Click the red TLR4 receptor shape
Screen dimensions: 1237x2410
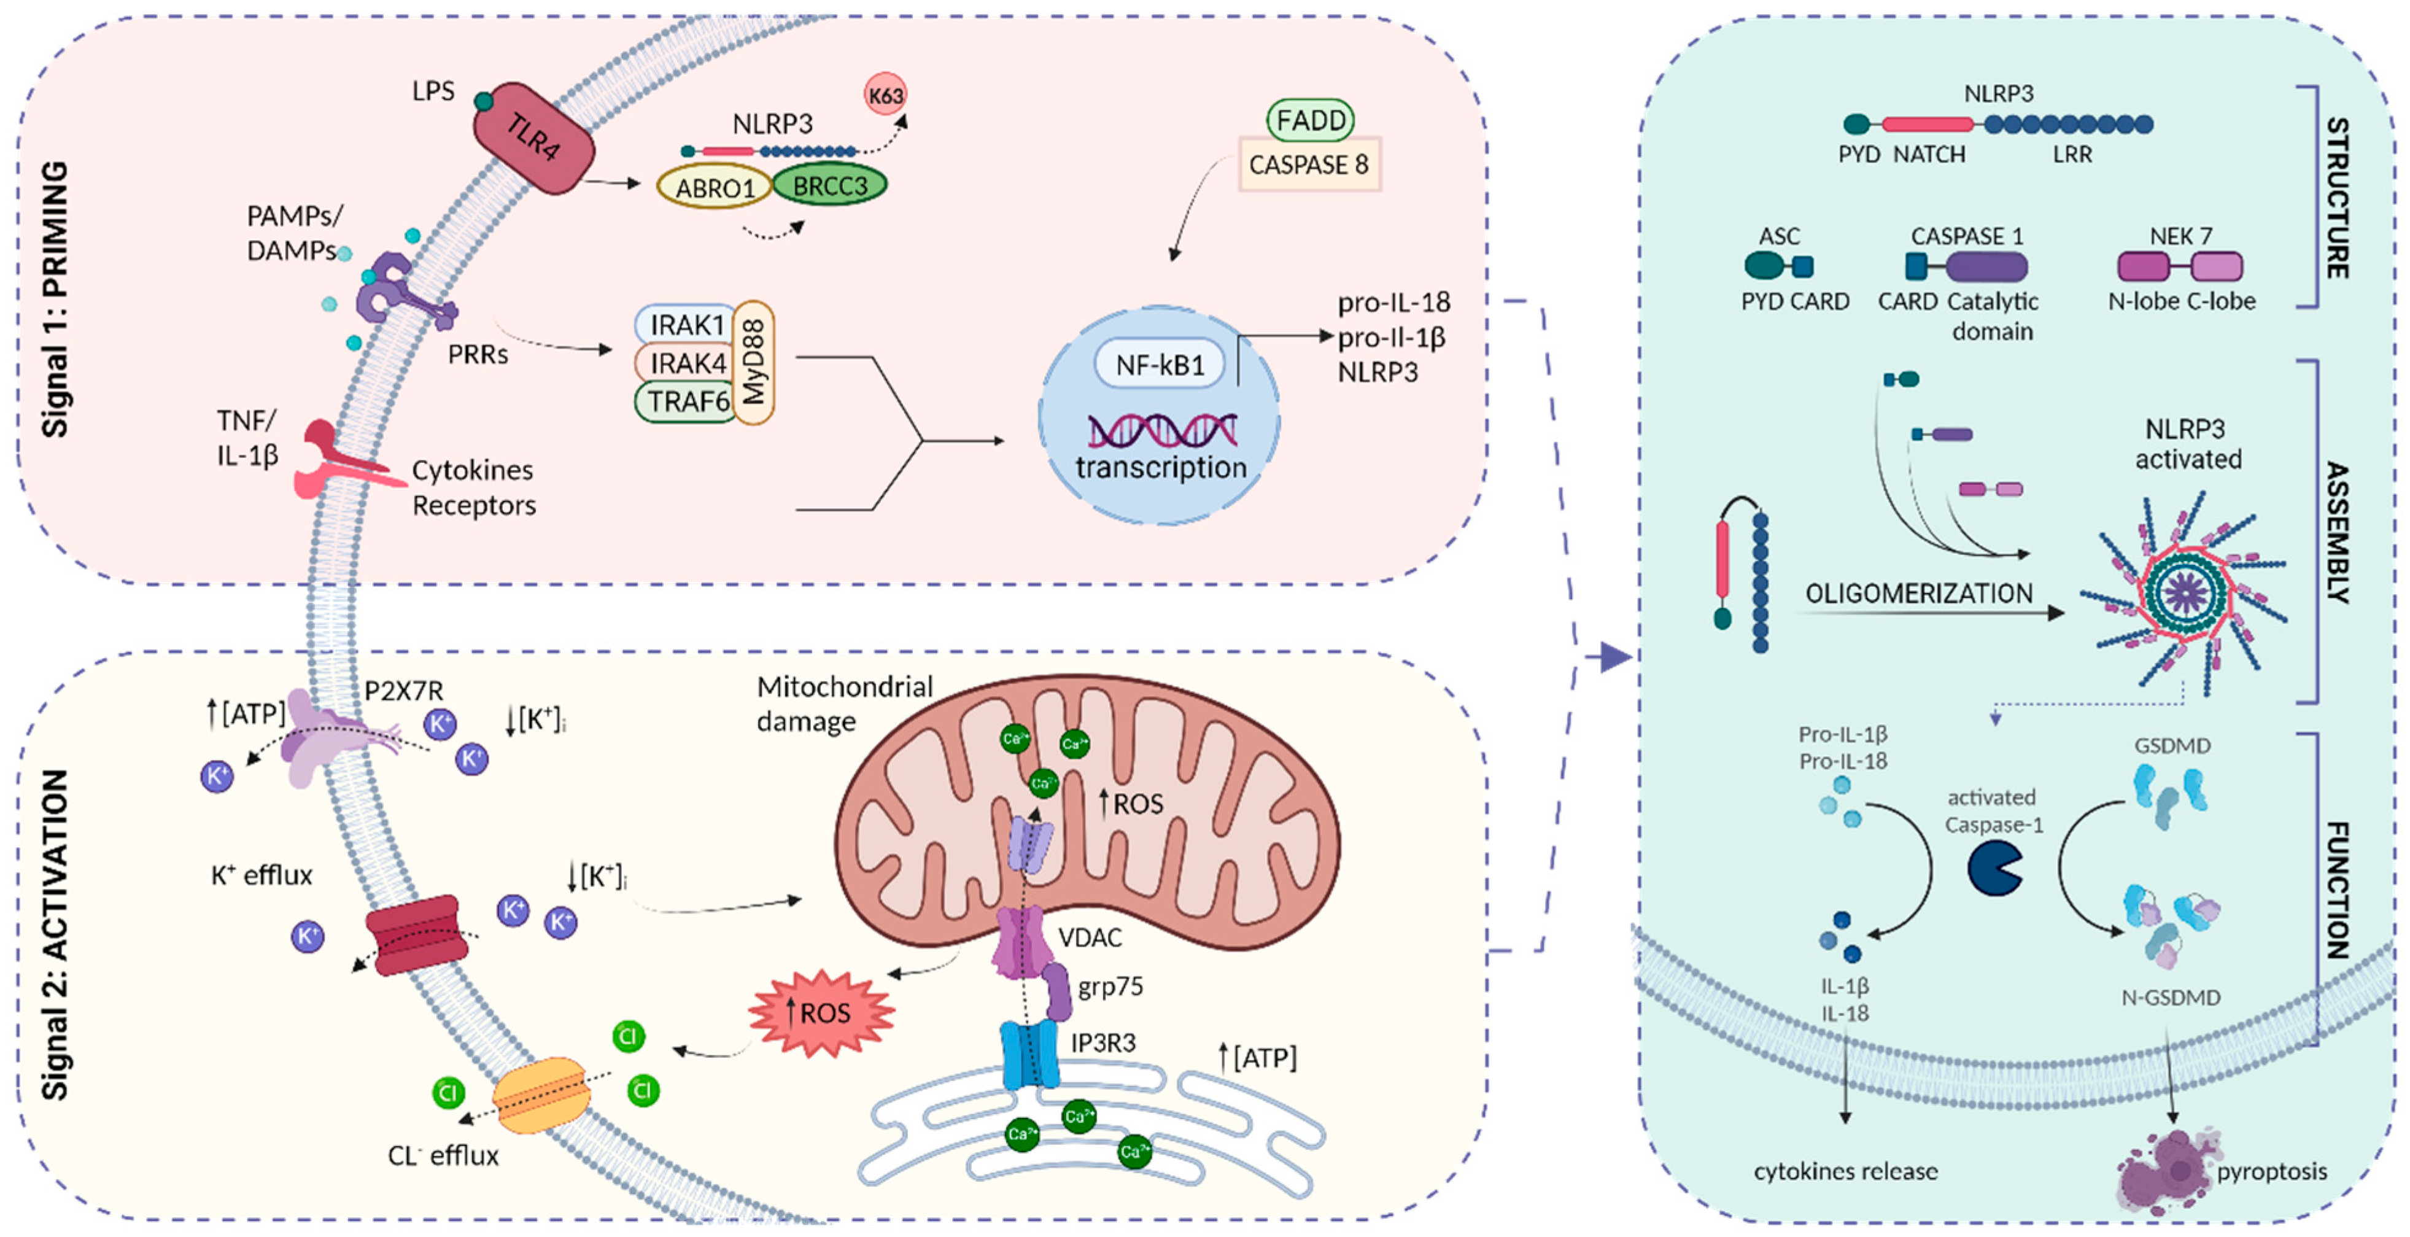coord(533,139)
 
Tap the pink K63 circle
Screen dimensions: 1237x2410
coord(885,95)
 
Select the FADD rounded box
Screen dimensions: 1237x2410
coord(1310,120)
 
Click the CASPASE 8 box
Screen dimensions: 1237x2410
coord(1309,165)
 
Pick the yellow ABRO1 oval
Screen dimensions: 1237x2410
coord(715,188)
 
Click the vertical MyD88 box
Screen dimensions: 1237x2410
coord(754,362)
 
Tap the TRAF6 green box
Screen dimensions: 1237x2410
coord(688,401)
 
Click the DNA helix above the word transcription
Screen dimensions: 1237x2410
coord(1162,430)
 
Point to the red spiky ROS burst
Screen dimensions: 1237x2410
coord(821,1012)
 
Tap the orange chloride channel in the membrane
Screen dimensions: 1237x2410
coord(541,1093)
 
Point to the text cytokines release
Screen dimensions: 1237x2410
coord(1845,1171)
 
